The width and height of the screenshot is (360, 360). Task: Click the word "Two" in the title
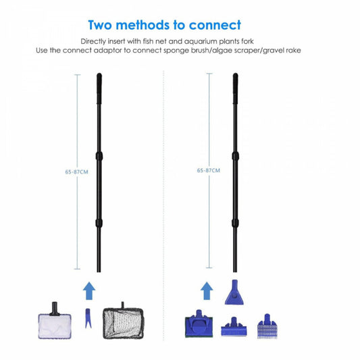[x=101, y=25]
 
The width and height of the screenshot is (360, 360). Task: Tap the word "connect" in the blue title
[x=215, y=25]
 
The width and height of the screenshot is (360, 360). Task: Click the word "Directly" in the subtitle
[x=93, y=42]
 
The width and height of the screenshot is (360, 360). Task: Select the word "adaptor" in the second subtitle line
[x=107, y=51]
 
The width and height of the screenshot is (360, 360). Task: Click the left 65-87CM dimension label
[x=76, y=172]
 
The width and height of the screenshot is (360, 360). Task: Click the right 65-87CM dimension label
[x=209, y=170]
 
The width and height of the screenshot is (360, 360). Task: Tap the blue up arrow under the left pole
[x=89, y=291]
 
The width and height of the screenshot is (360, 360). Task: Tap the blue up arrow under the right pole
[x=207, y=291]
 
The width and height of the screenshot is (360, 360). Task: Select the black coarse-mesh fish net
[x=123, y=324]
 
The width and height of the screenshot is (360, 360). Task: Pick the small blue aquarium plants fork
[x=88, y=318]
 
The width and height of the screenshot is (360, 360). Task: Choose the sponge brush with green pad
[x=199, y=324]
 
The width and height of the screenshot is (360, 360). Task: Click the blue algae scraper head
[x=234, y=327]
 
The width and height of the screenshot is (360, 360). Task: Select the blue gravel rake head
[x=267, y=327]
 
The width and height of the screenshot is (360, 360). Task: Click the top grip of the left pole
[x=99, y=88]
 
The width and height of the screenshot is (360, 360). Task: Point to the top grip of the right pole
[x=235, y=88]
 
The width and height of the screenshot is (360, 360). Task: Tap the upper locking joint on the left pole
[x=99, y=156]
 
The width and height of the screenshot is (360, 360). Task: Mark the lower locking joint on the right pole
[x=235, y=223]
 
